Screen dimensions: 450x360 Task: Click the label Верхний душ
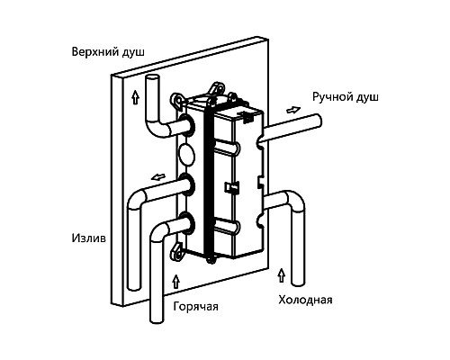[x=108, y=52]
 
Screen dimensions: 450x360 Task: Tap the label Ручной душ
[x=346, y=97]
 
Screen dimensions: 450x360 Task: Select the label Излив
[x=89, y=238]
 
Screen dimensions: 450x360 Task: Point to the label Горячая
[x=196, y=307]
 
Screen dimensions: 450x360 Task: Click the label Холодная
[x=305, y=300]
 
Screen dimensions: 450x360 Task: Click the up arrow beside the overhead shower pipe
[x=136, y=97]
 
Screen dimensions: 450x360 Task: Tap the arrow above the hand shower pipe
[x=293, y=110]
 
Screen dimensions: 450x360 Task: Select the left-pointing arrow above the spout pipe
[x=158, y=177]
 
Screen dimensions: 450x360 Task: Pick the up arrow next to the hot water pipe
[x=176, y=281]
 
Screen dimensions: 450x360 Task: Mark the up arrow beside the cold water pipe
[x=281, y=275]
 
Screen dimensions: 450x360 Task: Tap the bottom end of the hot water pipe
[x=157, y=319]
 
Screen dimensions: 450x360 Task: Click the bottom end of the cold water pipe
[x=298, y=282]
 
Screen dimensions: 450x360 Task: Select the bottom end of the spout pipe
[x=134, y=286]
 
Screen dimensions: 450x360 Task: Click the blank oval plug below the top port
[x=186, y=154]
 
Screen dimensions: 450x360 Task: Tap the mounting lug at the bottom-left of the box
[x=176, y=250]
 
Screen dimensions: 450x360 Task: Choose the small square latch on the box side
[x=231, y=187]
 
